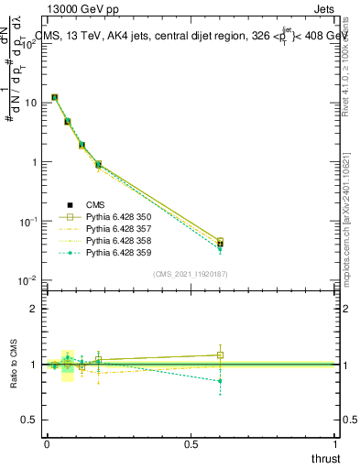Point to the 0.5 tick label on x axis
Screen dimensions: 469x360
[191, 444]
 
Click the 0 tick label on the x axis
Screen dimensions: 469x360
[47, 444]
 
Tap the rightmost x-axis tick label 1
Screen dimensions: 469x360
[335, 444]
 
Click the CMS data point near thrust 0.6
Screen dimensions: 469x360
[220, 244]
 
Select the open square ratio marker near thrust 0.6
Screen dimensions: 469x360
[220, 354]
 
